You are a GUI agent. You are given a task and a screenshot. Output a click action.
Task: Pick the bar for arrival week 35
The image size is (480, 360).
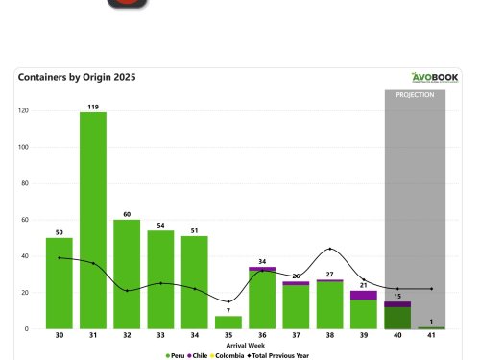228,323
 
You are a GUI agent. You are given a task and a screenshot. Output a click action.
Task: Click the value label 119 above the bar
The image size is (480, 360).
93,107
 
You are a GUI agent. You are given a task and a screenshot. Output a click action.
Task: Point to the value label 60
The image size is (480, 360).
127,214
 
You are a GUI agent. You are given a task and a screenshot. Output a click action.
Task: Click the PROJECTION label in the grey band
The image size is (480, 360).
415,95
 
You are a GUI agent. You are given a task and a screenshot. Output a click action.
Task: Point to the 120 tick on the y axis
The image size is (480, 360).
23,111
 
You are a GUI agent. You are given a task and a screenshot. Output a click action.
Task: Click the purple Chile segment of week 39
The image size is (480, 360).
363,295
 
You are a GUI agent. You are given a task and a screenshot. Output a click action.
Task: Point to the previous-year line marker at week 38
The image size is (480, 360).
329,249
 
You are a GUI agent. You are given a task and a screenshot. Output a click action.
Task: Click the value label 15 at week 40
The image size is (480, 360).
396,296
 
